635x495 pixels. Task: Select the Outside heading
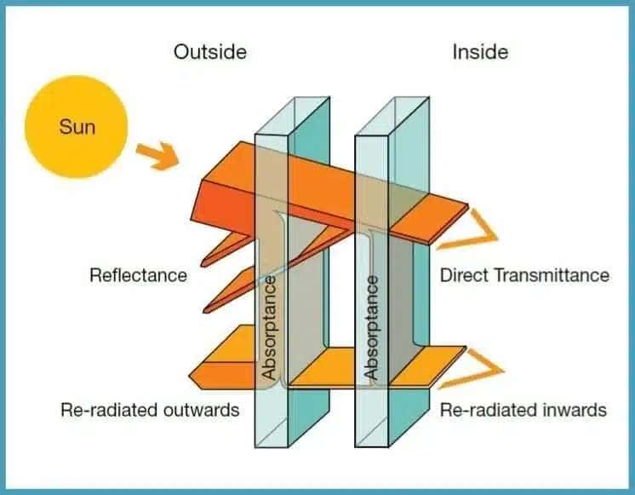(x=209, y=52)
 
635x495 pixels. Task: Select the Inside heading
(x=479, y=52)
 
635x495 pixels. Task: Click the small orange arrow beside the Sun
(x=159, y=155)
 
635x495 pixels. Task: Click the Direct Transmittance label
(x=523, y=275)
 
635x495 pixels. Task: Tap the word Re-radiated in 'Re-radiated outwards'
(x=106, y=410)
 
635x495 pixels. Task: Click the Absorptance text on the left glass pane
(x=269, y=327)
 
